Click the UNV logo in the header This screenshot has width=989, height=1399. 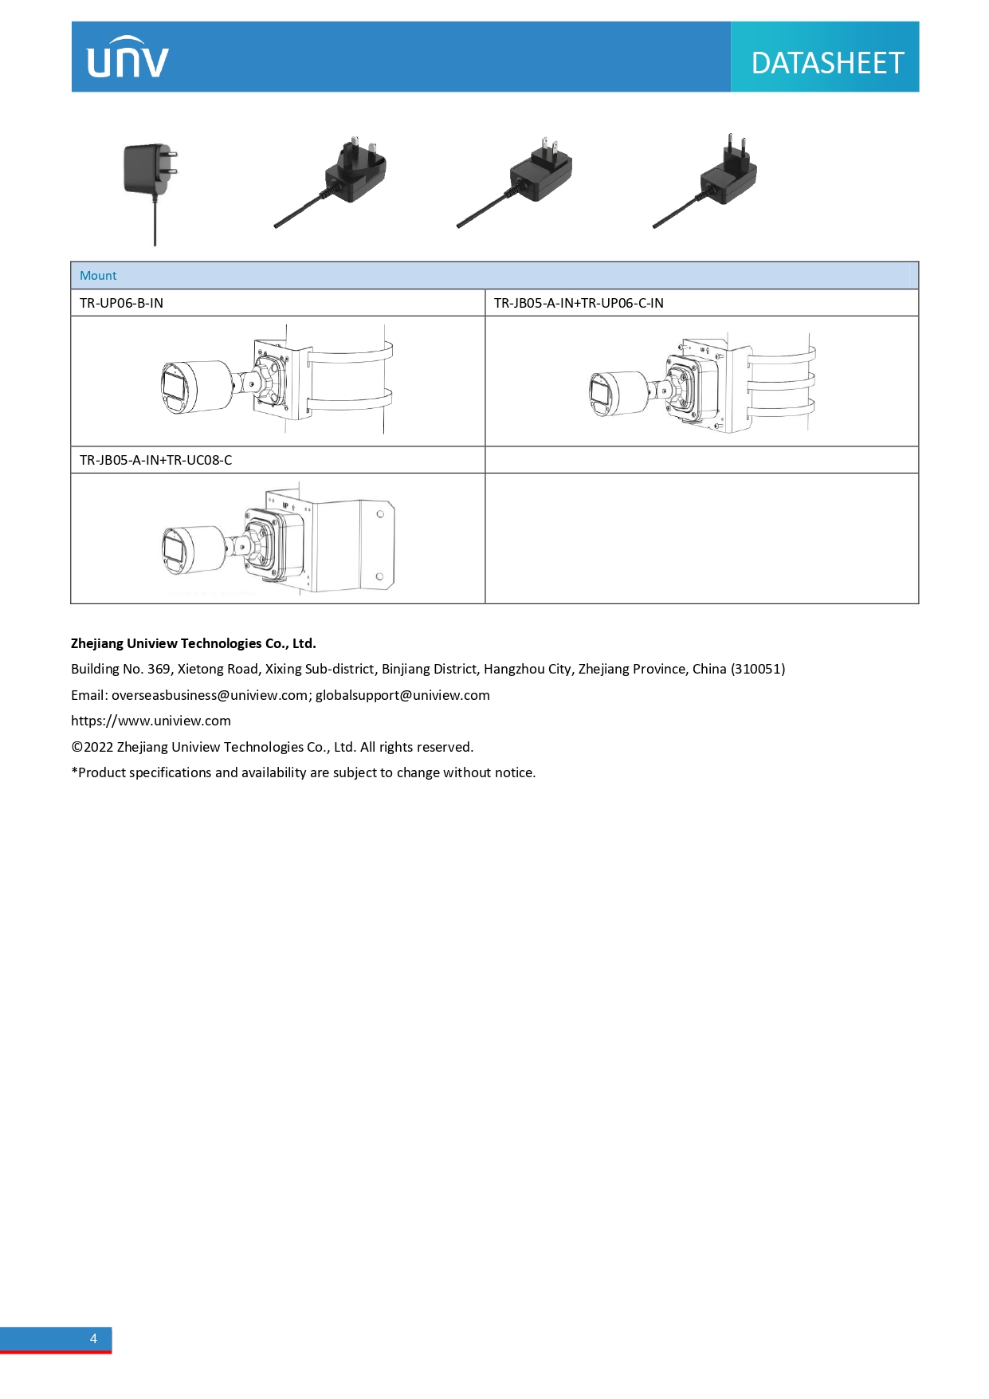tap(128, 58)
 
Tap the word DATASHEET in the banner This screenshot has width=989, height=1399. tap(826, 63)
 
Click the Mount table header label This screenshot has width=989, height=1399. tap(98, 276)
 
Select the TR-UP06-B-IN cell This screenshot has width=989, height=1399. tap(121, 303)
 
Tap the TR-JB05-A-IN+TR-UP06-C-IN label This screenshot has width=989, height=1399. tap(579, 303)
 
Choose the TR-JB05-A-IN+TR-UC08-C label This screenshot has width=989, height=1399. tap(156, 460)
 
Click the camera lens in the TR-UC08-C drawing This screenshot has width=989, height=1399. tap(173, 548)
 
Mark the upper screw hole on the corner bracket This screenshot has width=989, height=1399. tap(380, 514)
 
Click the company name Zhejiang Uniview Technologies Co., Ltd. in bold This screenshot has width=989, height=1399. tap(194, 643)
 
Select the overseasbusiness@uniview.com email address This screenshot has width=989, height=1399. tap(210, 695)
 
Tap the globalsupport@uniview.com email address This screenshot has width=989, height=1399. tap(402, 695)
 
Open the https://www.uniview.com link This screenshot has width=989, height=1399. tap(151, 721)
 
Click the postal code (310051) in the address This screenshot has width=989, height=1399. tap(757, 669)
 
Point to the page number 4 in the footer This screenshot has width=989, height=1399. tap(93, 1338)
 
